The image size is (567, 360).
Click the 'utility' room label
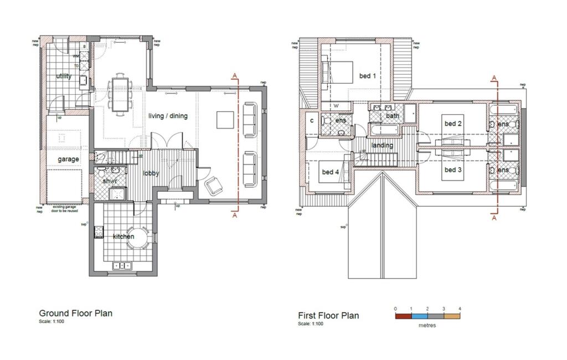64,76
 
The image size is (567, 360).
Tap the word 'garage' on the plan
69,159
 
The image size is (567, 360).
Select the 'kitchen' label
123,236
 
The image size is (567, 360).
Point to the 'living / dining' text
168,116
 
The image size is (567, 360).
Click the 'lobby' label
151,173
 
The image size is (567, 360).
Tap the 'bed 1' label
368,76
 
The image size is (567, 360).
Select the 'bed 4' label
330,172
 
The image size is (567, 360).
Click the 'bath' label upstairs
393,116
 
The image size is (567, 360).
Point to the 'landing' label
382,146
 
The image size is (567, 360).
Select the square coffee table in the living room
224,120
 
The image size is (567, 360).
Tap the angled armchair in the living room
214,186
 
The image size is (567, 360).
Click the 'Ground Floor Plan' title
75,313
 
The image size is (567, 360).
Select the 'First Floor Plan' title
328,316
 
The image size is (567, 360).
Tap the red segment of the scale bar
403,317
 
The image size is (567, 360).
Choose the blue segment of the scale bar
420,317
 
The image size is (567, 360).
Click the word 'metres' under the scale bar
427,325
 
